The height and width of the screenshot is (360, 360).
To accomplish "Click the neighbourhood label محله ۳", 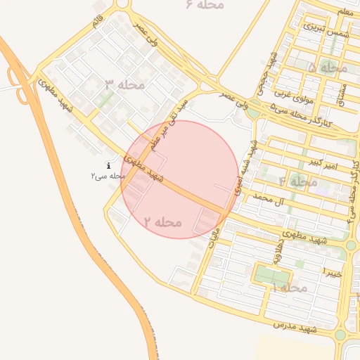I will [x=124, y=85].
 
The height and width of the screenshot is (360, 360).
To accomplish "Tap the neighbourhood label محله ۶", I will [x=205, y=5].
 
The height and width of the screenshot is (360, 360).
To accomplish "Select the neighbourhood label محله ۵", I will [x=328, y=68].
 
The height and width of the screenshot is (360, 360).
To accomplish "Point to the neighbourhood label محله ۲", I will [x=163, y=222].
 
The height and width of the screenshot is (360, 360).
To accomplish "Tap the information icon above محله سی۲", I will [x=108, y=166].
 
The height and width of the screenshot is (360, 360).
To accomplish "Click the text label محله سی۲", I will [x=107, y=176].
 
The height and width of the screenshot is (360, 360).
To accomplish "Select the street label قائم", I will [x=98, y=20].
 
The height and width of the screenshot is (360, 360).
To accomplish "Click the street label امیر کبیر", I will [x=323, y=165].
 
